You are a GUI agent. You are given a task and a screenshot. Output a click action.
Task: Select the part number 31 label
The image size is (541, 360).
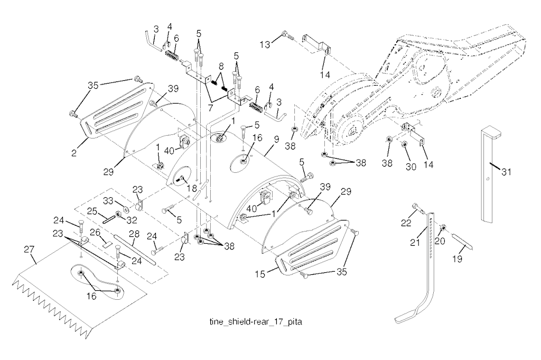click(x=507, y=172)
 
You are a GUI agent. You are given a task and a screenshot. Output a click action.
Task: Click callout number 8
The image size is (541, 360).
click(x=221, y=67)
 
